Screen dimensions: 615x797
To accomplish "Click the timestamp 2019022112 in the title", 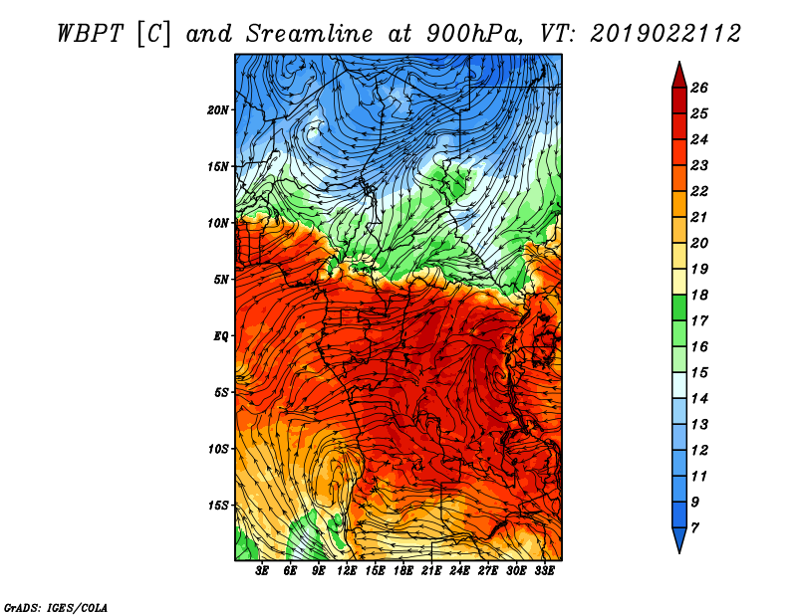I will point(664,33).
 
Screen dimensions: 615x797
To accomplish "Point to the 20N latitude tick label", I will point(218,109).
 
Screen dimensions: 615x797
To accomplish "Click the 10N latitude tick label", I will point(218,223).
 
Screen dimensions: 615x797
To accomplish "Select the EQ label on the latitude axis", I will point(221,335).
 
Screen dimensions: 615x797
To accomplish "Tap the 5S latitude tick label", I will point(221,392).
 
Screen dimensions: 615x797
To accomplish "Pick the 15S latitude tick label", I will point(218,505).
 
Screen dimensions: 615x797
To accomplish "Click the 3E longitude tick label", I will point(263,571).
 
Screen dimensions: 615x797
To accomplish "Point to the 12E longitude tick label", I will point(347,571).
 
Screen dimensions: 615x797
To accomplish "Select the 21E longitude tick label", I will point(431,571).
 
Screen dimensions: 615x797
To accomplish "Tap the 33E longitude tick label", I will point(544,571).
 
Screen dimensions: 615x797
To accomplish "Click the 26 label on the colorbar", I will point(712,88).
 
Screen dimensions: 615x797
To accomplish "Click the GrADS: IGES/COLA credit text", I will point(56,606).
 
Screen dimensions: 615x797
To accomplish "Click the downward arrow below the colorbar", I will point(678,541).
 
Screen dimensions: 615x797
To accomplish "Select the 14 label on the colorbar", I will point(712,398).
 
